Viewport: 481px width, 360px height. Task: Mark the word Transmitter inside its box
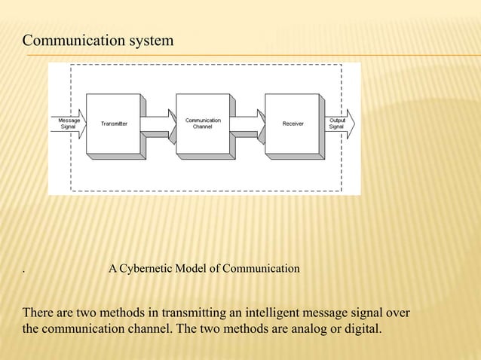click(x=114, y=124)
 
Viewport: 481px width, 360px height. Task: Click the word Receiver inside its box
click(x=293, y=124)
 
